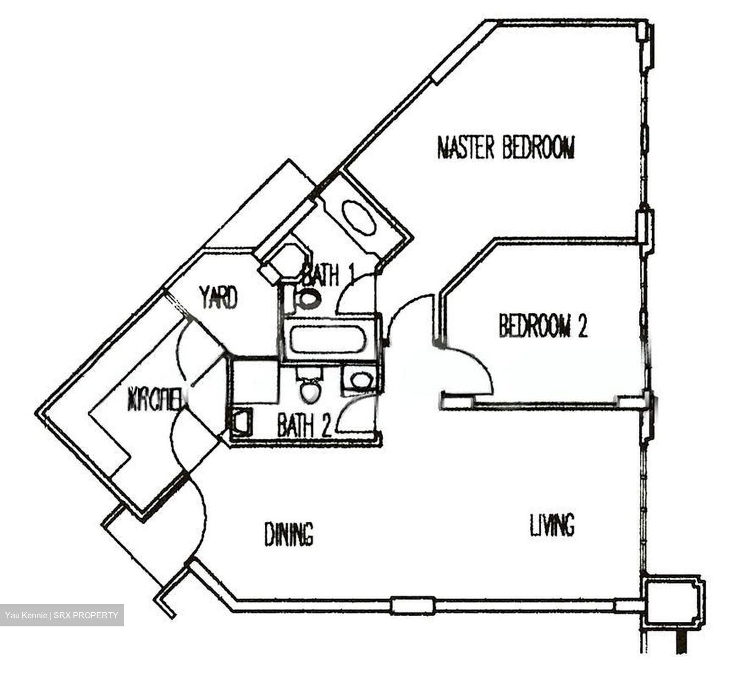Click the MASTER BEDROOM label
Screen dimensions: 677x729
point(505,147)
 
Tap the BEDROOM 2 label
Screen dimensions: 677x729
point(542,325)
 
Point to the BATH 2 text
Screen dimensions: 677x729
point(304,426)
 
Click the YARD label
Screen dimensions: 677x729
point(218,297)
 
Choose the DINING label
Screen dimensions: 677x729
point(289,534)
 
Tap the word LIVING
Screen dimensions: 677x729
point(552,525)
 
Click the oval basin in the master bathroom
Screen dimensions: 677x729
point(359,217)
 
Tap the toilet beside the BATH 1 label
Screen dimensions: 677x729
point(308,298)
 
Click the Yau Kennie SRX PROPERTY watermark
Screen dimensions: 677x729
point(62,615)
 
